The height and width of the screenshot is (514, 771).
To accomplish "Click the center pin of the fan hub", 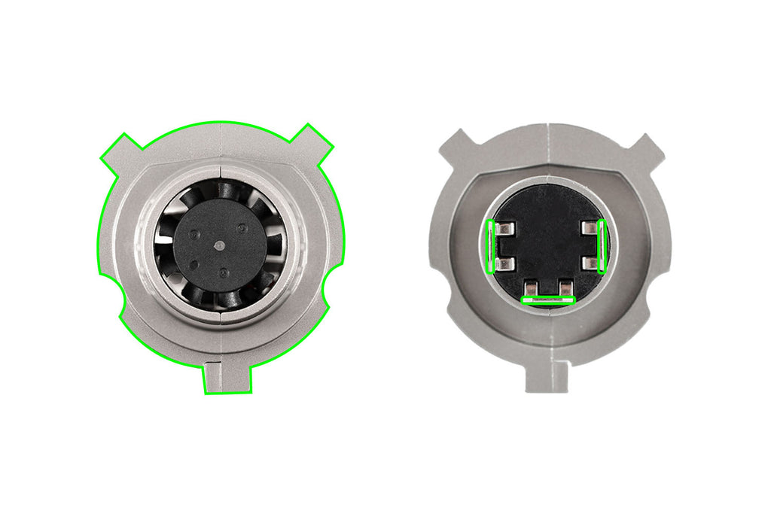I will click(218, 245).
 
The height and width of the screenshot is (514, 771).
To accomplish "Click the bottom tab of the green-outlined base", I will click(227, 378).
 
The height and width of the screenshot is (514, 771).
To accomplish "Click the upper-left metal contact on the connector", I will click(505, 228).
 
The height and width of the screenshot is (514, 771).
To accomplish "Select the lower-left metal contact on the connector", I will click(505, 263).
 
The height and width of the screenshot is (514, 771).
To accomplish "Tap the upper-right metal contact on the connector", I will click(588, 228).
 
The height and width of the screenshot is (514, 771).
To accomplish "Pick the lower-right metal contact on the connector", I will click(588, 263).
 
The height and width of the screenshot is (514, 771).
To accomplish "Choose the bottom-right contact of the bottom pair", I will click(565, 287).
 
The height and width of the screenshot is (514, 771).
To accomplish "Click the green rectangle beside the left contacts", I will click(492, 246).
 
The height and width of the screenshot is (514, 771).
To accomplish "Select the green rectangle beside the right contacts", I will click(602, 246).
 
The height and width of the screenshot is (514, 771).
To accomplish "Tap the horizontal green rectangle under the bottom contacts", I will click(548, 300).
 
